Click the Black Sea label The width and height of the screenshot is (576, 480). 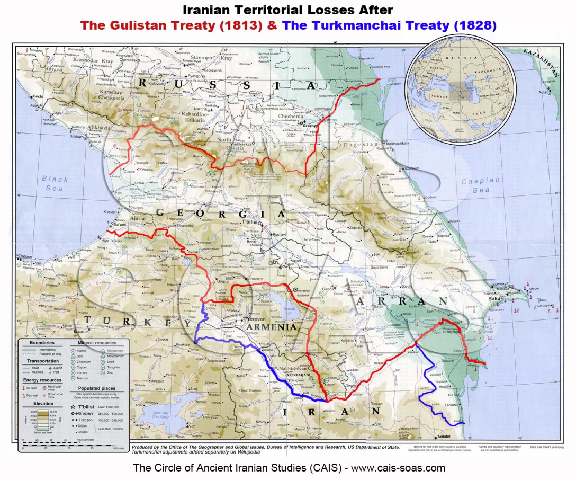[x=55, y=183]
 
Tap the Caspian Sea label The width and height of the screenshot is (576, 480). [x=480, y=185]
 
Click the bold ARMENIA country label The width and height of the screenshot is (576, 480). [x=276, y=327]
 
